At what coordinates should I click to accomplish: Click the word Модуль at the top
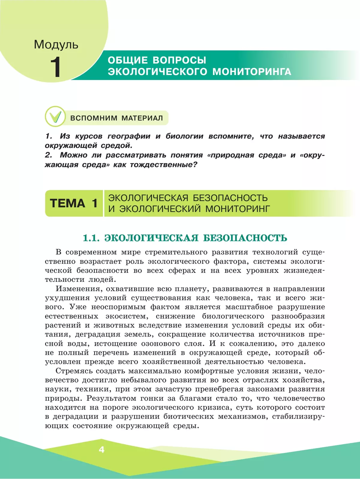coord(56,44)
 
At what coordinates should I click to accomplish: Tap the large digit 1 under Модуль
coord(56,67)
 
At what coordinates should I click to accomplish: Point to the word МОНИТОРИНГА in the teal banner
coord(252,72)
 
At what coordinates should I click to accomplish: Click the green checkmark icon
coord(55,116)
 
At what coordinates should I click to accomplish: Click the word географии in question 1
coord(129,136)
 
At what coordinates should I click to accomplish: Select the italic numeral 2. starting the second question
coord(49,155)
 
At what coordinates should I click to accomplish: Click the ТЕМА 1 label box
coord(74,203)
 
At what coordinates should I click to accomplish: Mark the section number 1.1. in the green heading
coord(91,238)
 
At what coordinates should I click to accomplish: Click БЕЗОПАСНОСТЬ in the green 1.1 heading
coord(245,238)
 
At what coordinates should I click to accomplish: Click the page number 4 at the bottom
coord(101,449)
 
